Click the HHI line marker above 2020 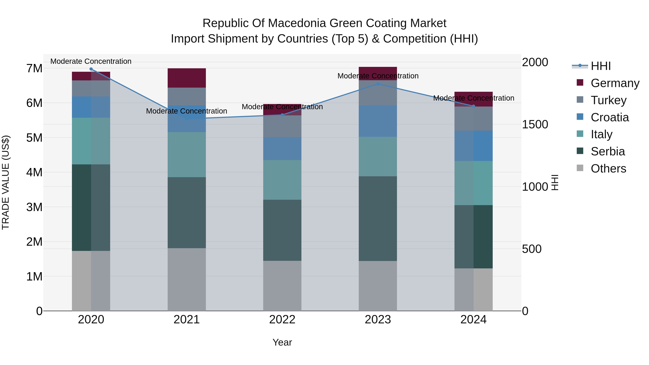[x=91, y=69]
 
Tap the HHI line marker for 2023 [x=378, y=84]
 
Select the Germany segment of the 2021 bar [x=187, y=78]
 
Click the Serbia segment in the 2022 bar [x=282, y=230]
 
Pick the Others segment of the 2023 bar [x=378, y=286]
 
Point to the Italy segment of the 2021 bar [x=187, y=154]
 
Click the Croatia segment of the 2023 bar [x=378, y=121]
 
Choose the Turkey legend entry [x=608, y=100]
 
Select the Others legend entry [x=608, y=169]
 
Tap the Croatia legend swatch [x=580, y=117]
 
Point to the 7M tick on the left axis [x=34, y=68]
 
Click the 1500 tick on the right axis [x=535, y=124]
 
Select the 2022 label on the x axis [x=282, y=320]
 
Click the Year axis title [x=282, y=342]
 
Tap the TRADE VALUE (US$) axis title [x=6, y=182]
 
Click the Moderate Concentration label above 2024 [x=473, y=98]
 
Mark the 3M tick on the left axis [x=34, y=207]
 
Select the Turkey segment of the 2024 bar [x=473, y=118]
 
